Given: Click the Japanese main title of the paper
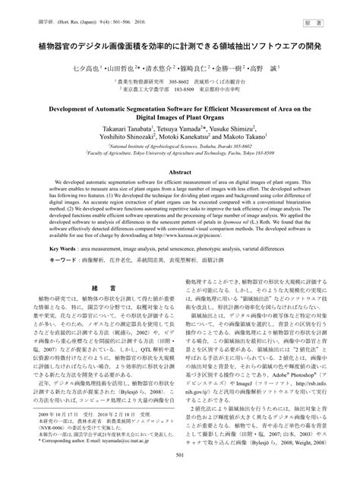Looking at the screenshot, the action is (180, 46).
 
